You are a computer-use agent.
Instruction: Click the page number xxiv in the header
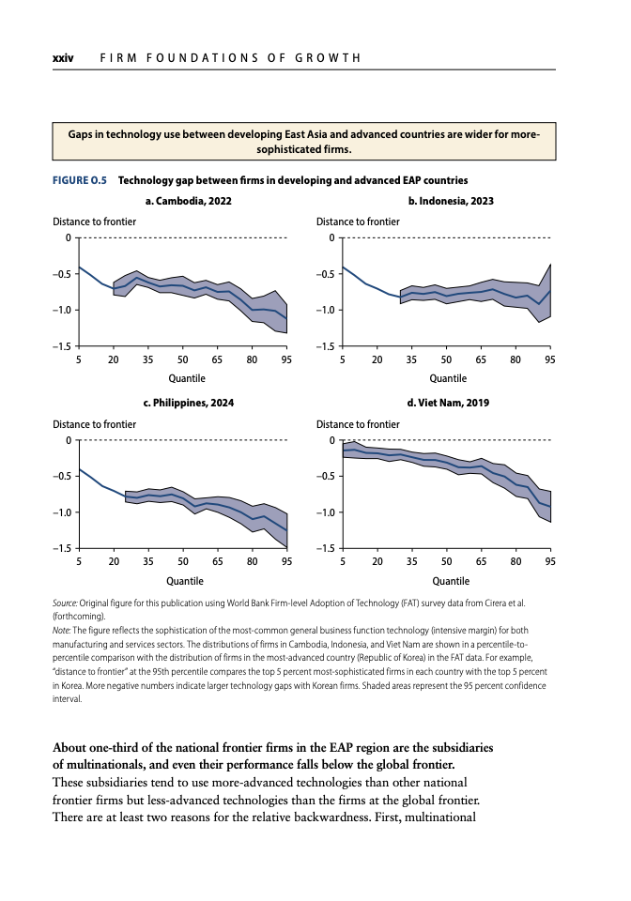point(63,58)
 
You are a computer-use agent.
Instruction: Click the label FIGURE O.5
point(80,180)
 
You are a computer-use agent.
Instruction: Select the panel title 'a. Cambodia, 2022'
point(189,201)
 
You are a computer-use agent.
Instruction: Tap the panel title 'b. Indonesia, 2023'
point(451,201)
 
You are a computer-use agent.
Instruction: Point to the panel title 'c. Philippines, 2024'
point(189,403)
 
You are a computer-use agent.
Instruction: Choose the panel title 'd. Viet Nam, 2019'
point(448,403)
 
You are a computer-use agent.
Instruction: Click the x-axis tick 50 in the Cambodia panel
point(183,359)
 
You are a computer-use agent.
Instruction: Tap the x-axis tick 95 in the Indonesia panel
point(550,359)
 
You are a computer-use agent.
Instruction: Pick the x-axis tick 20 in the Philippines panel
point(114,561)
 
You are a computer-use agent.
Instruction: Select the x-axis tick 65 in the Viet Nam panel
point(481,561)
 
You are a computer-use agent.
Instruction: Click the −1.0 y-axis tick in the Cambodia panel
point(61,311)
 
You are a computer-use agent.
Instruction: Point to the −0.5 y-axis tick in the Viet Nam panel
point(325,477)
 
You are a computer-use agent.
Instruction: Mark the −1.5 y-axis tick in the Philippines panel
point(61,549)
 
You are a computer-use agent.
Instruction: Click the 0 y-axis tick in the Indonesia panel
point(331,237)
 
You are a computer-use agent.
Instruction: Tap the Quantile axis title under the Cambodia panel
point(187,378)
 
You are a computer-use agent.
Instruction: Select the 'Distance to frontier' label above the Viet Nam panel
point(358,424)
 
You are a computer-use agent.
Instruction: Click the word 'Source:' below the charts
point(65,603)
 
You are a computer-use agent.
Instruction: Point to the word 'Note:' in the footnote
point(61,631)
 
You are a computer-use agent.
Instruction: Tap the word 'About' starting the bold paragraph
point(69,748)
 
